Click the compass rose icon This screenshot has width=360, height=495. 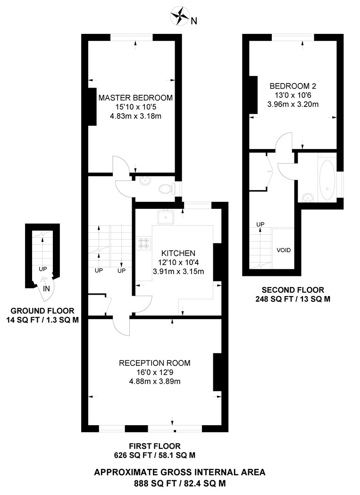coord(179,16)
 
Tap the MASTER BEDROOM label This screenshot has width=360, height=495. coord(135,98)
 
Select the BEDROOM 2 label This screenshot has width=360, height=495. coord(293,86)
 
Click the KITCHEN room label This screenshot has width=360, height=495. coord(178,253)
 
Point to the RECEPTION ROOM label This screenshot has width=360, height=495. coord(155,363)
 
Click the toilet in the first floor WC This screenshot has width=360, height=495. coord(166,190)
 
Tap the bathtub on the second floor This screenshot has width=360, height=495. coord(327,180)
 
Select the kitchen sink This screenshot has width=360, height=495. coord(166,217)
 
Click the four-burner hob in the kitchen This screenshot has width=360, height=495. coord(144,243)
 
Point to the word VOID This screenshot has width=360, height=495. coord(284,250)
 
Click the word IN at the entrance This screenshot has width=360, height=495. coord(46,289)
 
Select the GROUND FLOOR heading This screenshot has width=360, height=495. coord(42,311)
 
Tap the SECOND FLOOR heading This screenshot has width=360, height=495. coord(293,290)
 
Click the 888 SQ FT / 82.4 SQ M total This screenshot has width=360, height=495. coord(180,483)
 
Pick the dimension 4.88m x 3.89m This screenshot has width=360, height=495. coord(155,381)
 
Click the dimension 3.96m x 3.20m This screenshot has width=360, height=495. coord(293,104)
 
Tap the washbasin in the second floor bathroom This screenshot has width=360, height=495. coord(307,198)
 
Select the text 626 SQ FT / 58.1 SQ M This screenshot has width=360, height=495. coord(155,455)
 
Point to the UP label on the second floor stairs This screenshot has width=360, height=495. coord(260,224)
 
